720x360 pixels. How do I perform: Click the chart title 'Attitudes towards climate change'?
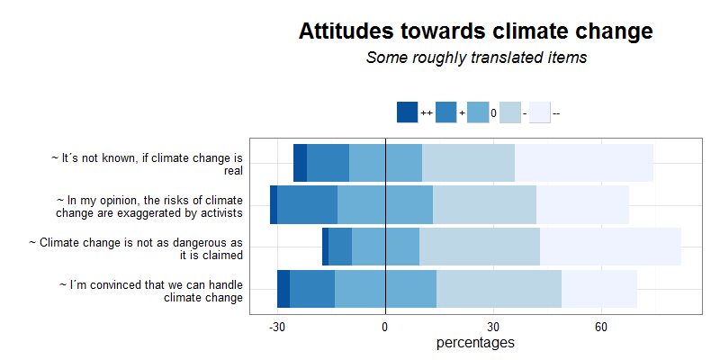[475, 31]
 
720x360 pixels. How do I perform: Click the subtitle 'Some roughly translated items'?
[476, 58]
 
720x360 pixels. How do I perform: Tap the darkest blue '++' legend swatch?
[407, 112]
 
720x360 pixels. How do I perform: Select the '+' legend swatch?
[445, 112]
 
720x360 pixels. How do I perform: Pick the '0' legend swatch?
[477, 112]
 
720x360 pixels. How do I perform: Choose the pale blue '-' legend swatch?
[509, 112]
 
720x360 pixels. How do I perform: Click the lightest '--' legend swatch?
[539, 112]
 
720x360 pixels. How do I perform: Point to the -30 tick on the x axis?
[277, 327]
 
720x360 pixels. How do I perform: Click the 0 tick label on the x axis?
[385, 327]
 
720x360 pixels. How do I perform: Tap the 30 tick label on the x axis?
[493, 327]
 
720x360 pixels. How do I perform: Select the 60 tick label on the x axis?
[601, 327]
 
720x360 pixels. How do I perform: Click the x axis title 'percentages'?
[475, 343]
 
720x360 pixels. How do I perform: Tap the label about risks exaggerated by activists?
[148, 206]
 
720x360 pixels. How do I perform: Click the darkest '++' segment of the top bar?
[300, 163]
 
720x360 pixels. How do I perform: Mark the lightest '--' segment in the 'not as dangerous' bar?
[610, 247]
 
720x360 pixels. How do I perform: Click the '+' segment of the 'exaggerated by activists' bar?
[307, 205]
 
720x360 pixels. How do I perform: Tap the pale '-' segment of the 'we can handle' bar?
[499, 290]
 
